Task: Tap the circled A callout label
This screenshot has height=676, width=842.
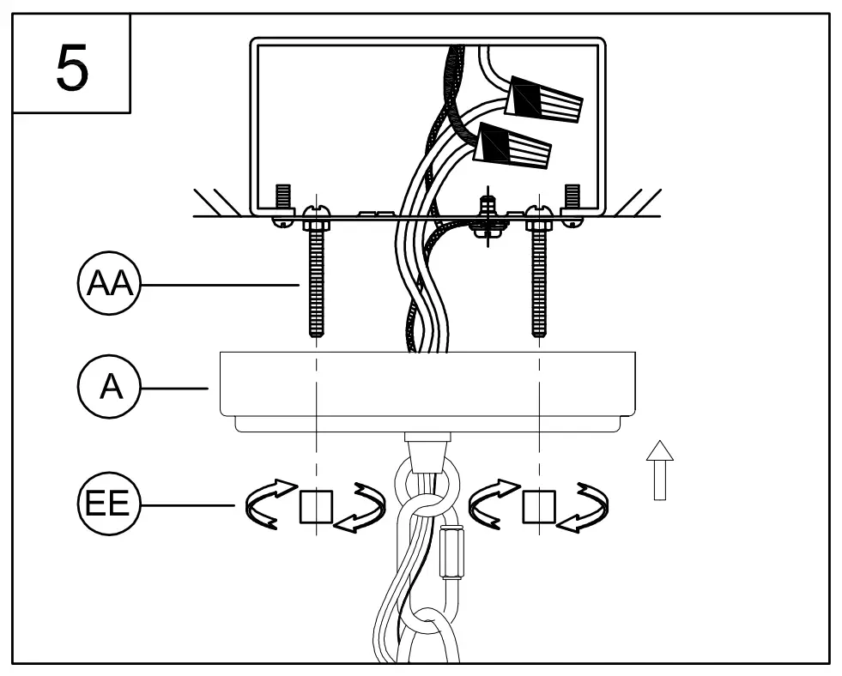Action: (x=110, y=388)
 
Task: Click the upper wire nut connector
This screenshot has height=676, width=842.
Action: (x=546, y=100)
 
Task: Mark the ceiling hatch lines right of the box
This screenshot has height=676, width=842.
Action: (x=635, y=202)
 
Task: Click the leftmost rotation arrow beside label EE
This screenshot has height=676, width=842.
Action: (x=264, y=506)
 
